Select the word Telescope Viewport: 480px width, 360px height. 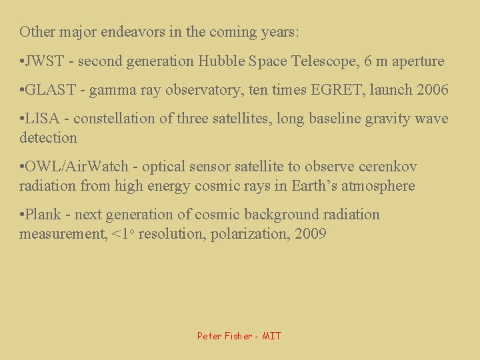tap(323, 61)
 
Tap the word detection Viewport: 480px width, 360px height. tap(48, 138)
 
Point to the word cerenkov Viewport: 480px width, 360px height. tap(393, 167)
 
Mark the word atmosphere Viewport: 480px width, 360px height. tap(381, 186)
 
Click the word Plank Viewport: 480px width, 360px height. tap(45, 215)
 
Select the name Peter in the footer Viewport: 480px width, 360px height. tap(210, 336)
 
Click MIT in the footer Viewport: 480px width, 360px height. tap(272, 336)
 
